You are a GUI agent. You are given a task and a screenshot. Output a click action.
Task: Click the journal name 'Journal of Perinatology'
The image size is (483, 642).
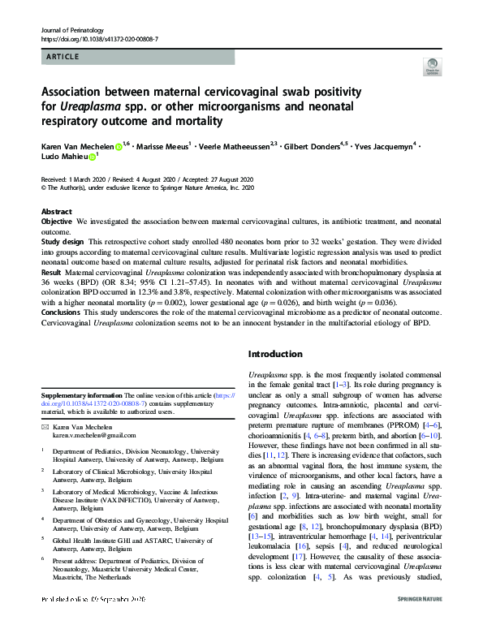[x=74, y=28]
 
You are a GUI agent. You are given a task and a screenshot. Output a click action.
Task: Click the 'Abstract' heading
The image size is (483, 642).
[x=56, y=210]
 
